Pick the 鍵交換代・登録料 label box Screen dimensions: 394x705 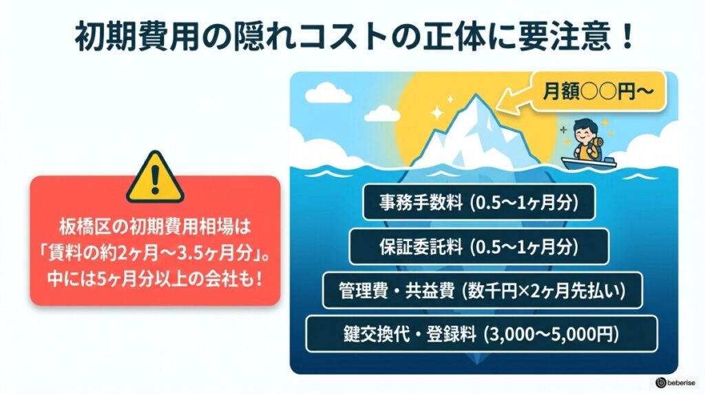pyautogui.click(x=481, y=334)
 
